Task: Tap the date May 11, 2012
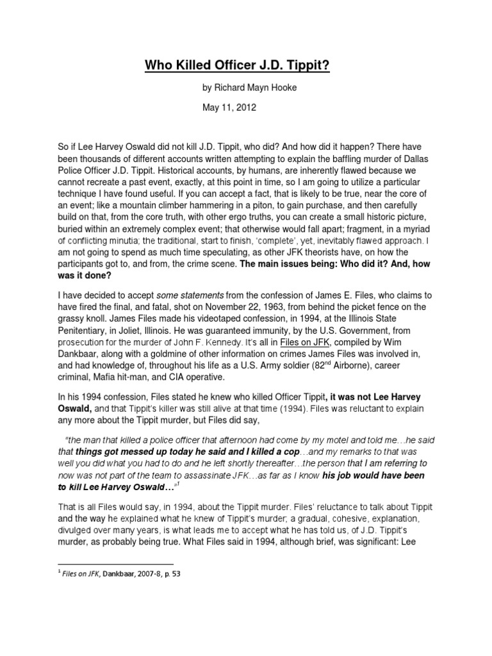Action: click(228, 108)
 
